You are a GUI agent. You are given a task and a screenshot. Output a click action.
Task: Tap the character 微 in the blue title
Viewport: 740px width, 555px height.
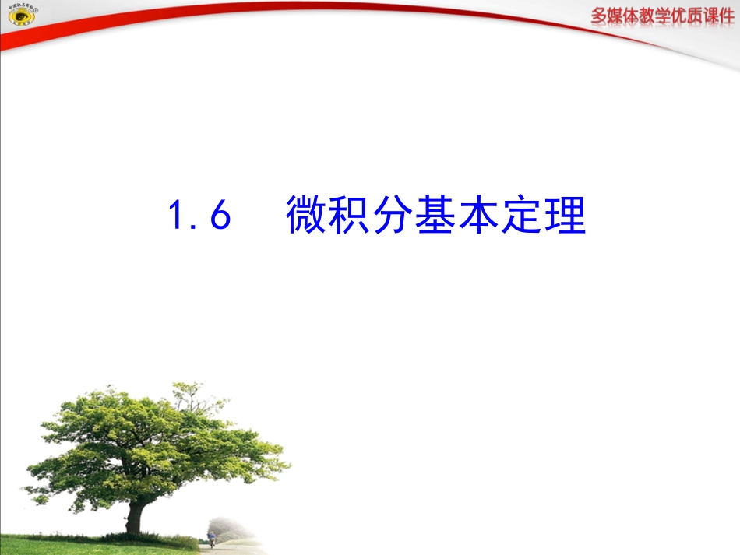pyautogui.click(x=306, y=215)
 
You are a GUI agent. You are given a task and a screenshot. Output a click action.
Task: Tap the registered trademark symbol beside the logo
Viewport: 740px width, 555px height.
pyautogui.click(x=35, y=10)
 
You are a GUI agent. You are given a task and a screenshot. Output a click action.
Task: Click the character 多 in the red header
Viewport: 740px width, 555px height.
pyautogui.click(x=601, y=16)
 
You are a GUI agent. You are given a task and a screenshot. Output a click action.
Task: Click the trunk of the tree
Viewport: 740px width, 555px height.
pyautogui.click(x=135, y=516)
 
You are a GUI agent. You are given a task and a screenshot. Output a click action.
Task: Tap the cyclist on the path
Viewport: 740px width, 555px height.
pyautogui.click(x=211, y=538)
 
